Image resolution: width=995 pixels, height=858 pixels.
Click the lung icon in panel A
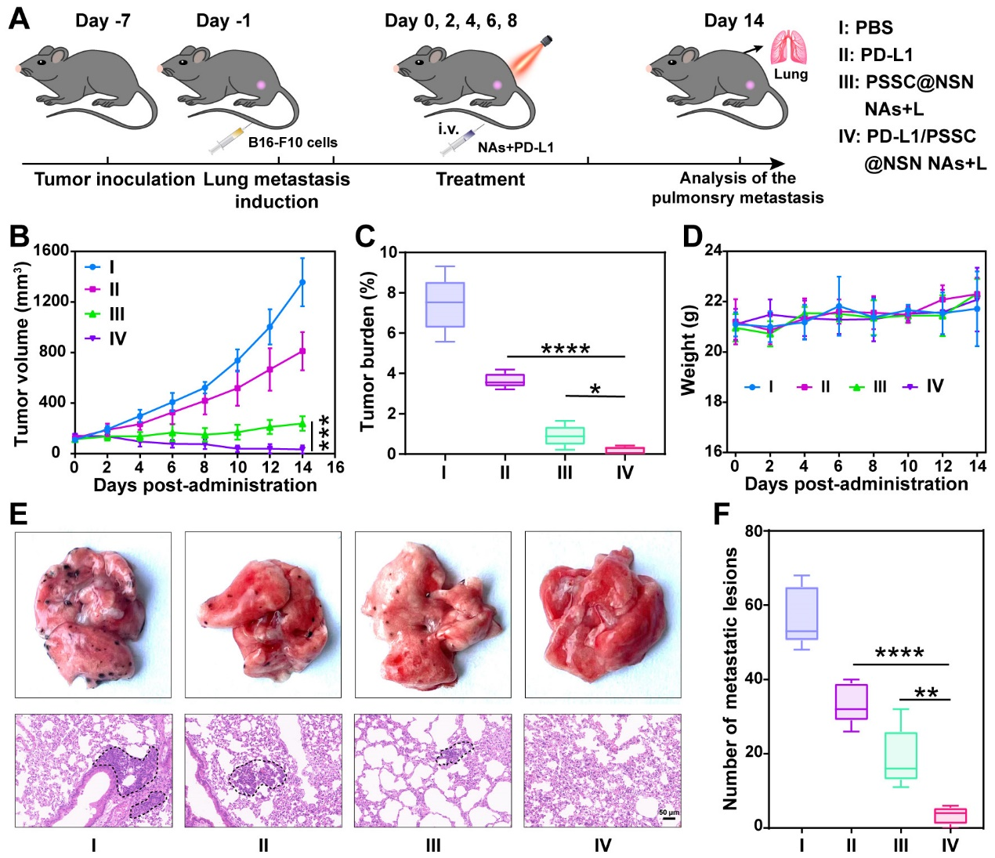(x=789, y=48)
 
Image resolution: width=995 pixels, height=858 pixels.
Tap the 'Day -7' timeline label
(x=103, y=21)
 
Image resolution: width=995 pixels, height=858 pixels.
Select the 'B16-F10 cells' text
(x=292, y=143)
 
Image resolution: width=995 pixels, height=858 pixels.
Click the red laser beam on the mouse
(x=523, y=60)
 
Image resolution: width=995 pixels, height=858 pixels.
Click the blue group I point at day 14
(x=302, y=282)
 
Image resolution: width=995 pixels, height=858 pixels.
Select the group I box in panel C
(x=444, y=304)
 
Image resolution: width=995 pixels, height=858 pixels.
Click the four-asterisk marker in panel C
(x=565, y=349)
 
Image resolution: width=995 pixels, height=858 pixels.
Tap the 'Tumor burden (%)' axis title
(x=367, y=351)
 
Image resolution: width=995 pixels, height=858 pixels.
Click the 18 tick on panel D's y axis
(x=713, y=402)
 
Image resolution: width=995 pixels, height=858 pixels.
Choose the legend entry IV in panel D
(x=925, y=386)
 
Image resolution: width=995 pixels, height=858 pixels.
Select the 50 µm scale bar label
(x=669, y=812)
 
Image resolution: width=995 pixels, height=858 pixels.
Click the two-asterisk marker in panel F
(x=925, y=693)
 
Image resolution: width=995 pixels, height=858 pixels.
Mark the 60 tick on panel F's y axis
(x=754, y=605)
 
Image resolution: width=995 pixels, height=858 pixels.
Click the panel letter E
(x=19, y=514)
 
